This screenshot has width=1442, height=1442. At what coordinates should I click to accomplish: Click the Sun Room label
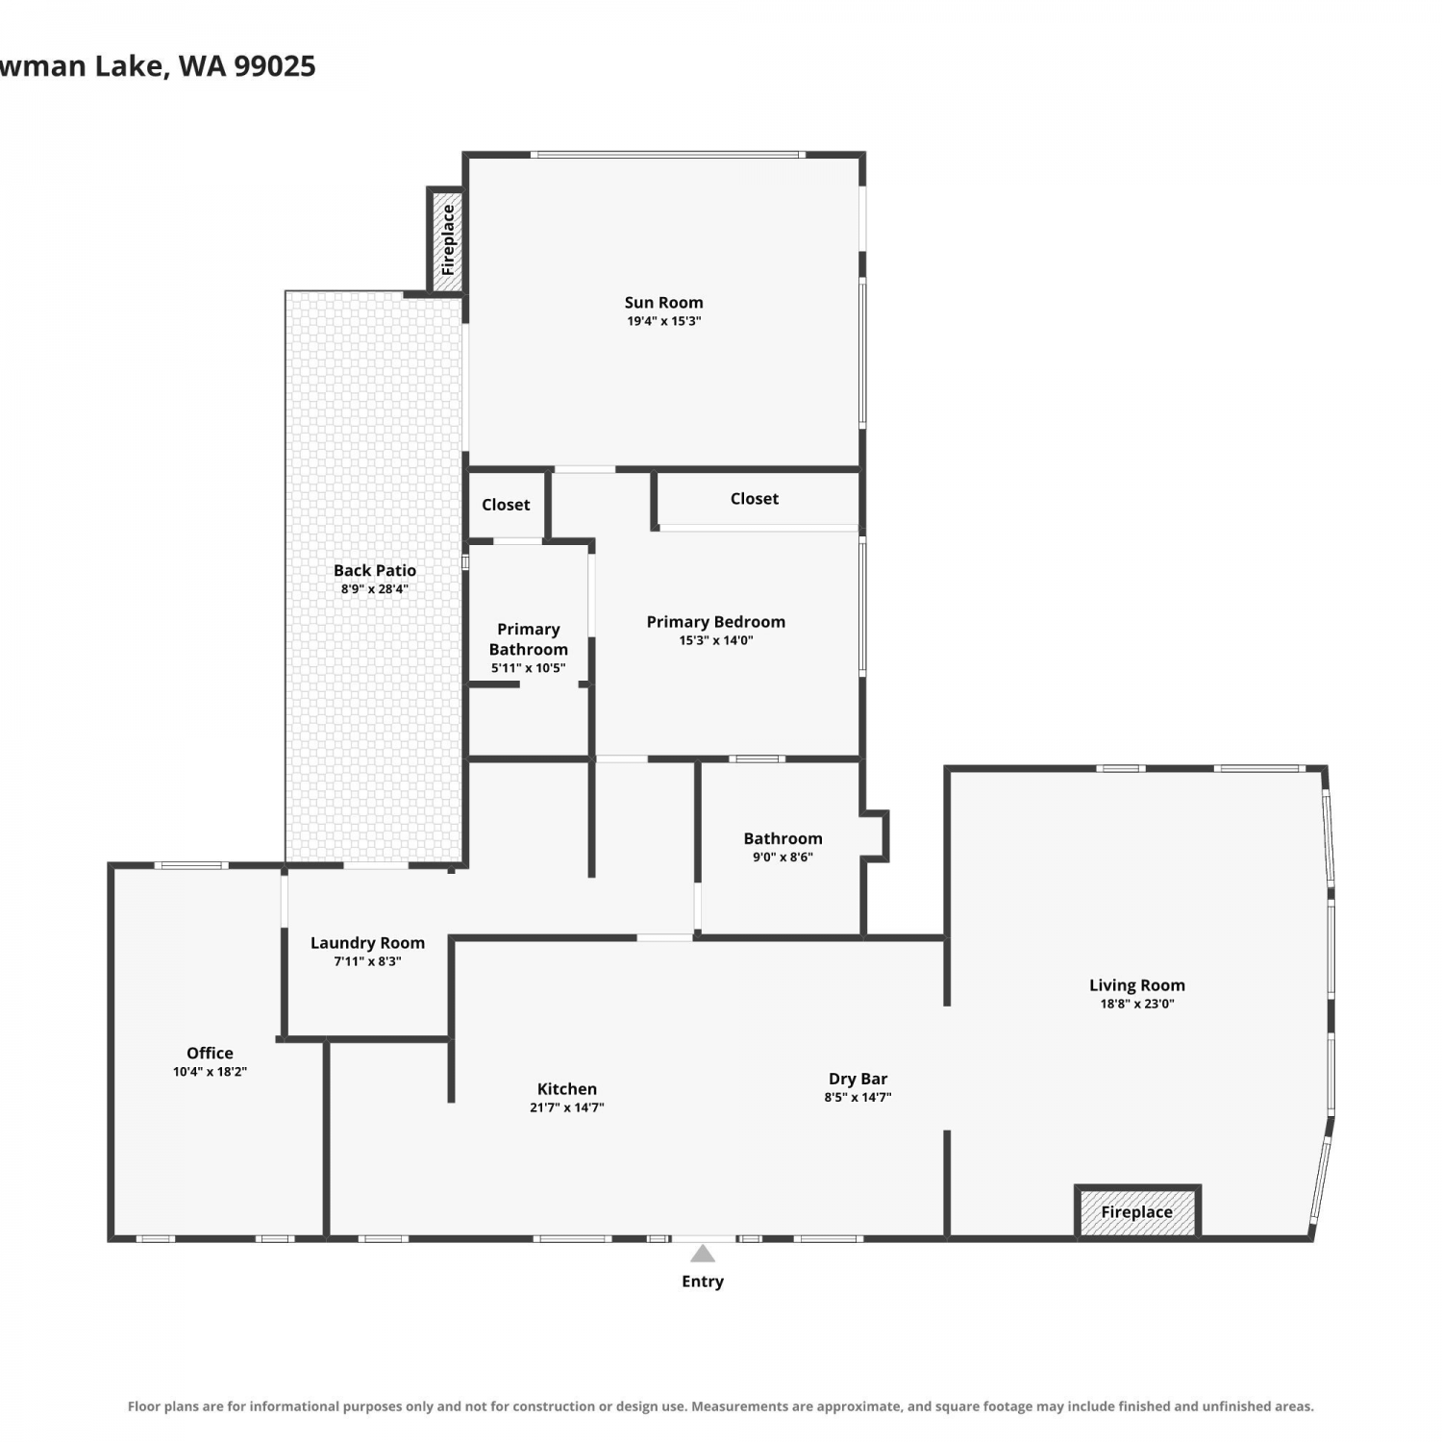pyautogui.click(x=663, y=302)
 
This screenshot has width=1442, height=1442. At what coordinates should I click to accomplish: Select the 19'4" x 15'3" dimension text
pyautogui.click(x=663, y=321)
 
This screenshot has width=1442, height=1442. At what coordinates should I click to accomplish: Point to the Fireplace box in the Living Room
pyautogui.click(x=1137, y=1212)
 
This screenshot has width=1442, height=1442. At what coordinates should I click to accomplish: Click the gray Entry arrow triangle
pyautogui.click(x=703, y=1254)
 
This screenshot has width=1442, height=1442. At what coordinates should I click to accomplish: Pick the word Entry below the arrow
pyautogui.click(x=703, y=1281)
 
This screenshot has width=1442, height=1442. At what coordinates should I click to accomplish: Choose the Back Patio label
pyautogui.click(x=375, y=570)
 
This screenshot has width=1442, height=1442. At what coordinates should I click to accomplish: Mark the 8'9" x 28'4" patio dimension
pyautogui.click(x=375, y=589)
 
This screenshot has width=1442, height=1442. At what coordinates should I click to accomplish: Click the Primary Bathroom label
pyautogui.click(x=529, y=639)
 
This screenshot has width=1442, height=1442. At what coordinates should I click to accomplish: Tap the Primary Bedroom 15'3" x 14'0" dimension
pyautogui.click(x=716, y=640)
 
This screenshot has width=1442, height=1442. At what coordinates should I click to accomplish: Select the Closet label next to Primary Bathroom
pyautogui.click(x=506, y=505)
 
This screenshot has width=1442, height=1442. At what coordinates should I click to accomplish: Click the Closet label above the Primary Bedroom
pyautogui.click(x=755, y=498)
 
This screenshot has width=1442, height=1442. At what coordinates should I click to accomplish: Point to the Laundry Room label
pyautogui.click(x=367, y=943)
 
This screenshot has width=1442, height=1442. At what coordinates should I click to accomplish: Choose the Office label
pyautogui.click(x=210, y=1053)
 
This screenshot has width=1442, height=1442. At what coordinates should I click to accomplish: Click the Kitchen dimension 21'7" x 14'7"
pyautogui.click(x=567, y=1107)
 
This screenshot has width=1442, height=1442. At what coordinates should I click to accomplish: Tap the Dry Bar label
pyautogui.click(x=858, y=1079)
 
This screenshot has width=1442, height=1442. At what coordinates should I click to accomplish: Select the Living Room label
pyautogui.click(x=1137, y=985)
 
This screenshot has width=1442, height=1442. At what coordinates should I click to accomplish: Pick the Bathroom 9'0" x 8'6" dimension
pyautogui.click(x=783, y=858)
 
